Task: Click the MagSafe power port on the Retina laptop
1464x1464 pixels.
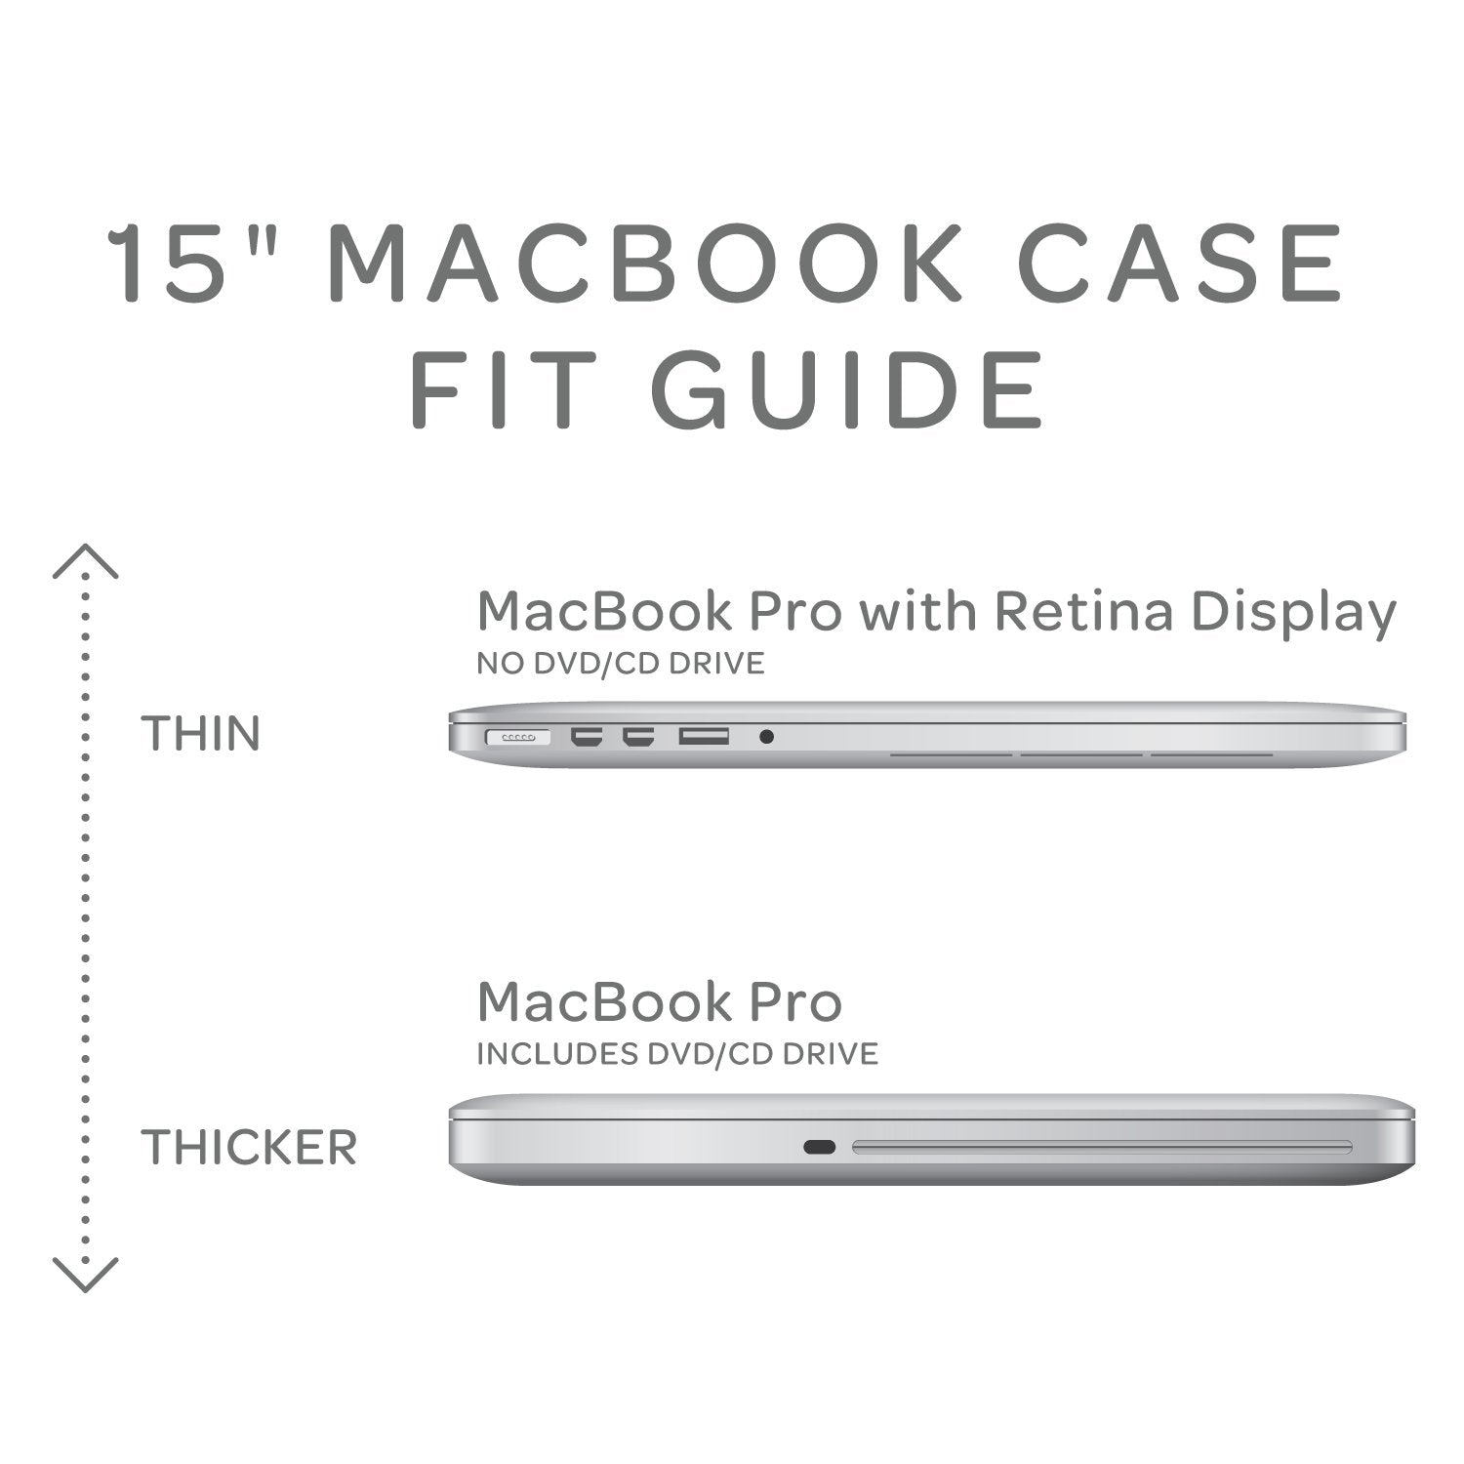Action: pyautogui.click(x=517, y=737)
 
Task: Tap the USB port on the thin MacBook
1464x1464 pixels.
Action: pyautogui.click(x=704, y=736)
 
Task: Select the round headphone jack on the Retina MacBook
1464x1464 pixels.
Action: pyautogui.click(x=766, y=737)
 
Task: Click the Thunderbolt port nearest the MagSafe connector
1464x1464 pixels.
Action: pyautogui.click(x=587, y=737)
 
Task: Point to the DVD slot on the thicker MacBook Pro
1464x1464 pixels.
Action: pyautogui.click(x=1102, y=1147)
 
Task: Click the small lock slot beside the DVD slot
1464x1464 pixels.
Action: pyautogui.click(x=819, y=1147)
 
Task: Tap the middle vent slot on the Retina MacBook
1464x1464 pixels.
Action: pyautogui.click(x=1080, y=753)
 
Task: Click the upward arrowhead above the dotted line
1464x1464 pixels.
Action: pyautogui.click(x=85, y=560)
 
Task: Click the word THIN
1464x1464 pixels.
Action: pyautogui.click(x=201, y=734)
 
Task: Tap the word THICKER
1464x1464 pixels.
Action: pyautogui.click(x=249, y=1147)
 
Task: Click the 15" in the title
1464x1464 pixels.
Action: pyautogui.click(x=188, y=264)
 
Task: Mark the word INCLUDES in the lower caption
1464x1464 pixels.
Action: pyautogui.click(x=554, y=1054)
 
